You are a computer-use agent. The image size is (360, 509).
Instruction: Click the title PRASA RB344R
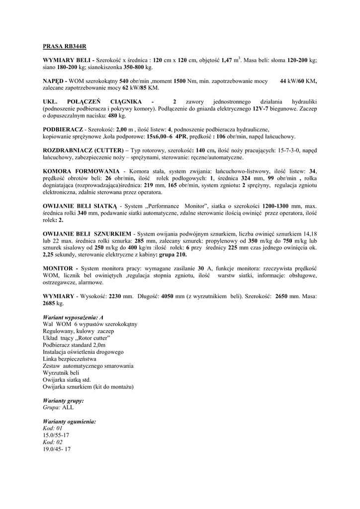tap(65, 47)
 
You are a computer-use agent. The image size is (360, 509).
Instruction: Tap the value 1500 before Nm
tap(180, 81)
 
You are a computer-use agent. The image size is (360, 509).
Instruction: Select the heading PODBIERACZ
tap(63, 129)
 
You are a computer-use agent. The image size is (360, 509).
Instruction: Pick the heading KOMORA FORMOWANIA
tap(81, 171)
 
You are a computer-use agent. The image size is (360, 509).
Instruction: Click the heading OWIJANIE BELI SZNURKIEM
tap(87, 234)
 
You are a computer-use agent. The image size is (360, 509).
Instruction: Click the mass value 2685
tap(51, 303)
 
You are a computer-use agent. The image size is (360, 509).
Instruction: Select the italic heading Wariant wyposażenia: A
tap(73, 317)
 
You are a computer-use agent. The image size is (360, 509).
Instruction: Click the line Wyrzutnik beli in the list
tap(61, 372)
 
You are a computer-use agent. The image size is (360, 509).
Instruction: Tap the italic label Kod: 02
tap(53, 442)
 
